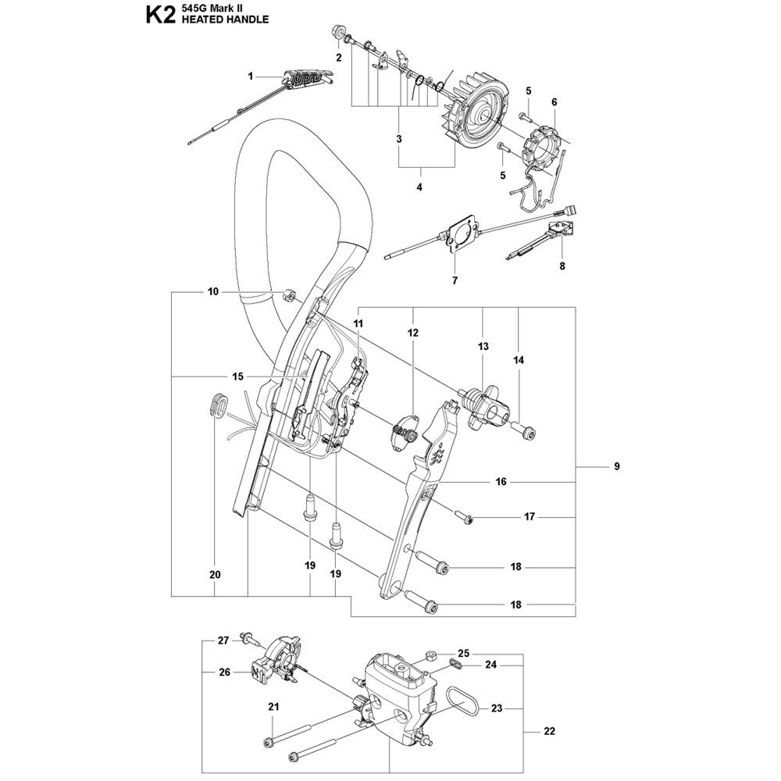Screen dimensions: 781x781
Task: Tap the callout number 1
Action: (251, 77)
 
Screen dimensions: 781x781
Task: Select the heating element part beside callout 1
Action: (307, 79)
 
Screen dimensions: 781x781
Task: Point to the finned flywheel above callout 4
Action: (476, 110)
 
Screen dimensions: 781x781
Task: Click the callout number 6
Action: (555, 102)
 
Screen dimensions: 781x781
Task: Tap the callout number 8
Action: (562, 266)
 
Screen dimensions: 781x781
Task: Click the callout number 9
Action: (617, 467)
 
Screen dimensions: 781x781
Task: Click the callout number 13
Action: (483, 346)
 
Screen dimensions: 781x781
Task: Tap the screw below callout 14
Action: (523, 432)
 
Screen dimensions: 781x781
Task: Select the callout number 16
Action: (501, 482)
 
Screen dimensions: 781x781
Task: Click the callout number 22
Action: (549, 731)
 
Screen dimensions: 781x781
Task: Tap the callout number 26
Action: (225, 672)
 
